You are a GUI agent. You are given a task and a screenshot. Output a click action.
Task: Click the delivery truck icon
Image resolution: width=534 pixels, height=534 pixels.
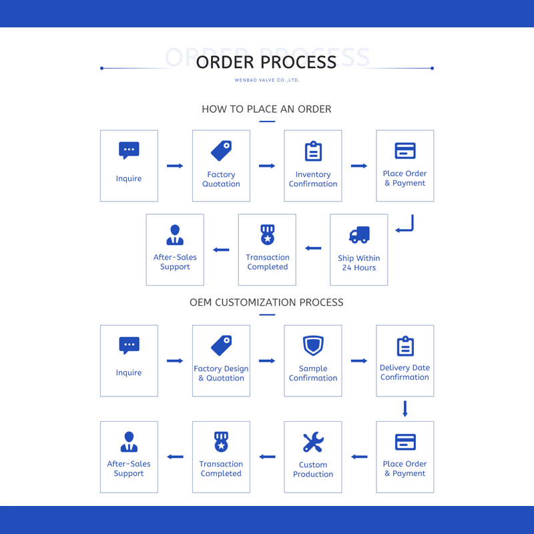(359, 235)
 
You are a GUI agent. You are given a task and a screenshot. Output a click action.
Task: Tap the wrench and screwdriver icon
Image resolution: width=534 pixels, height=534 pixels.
(313, 442)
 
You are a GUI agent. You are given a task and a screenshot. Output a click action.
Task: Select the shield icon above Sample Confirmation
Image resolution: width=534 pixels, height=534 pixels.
(313, 345)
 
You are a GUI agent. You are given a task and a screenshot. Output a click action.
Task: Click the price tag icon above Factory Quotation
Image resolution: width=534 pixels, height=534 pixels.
(221, 151)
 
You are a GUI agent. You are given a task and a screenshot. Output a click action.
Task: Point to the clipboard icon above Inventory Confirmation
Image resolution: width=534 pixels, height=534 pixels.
(313, 151)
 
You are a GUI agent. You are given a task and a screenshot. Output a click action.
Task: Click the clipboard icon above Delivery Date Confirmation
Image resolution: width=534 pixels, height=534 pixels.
(405, 346)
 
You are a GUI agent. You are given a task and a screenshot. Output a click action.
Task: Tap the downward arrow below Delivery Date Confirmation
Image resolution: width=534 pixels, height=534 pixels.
(405, 409)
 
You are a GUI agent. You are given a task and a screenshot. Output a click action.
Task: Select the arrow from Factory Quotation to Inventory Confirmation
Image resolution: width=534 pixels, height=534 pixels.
(267, 166)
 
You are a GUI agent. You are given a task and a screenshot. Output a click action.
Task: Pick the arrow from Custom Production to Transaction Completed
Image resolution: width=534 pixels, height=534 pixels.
(267, 457)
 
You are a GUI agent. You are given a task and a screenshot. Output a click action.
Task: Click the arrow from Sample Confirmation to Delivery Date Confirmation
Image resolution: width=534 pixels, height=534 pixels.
(359, 360)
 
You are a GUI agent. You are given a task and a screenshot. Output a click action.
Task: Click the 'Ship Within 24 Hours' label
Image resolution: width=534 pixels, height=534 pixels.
(359, 263)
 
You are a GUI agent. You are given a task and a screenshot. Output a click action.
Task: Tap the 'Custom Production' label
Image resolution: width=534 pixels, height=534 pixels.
(313, 469)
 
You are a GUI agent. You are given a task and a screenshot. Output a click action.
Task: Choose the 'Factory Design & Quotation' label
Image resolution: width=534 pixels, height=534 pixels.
(221, 373)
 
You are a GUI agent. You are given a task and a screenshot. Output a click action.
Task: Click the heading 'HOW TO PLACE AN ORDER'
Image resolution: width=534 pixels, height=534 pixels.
(266, 109)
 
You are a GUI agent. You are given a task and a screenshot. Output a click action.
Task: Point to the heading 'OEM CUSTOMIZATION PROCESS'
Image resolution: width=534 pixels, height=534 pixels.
(266, 302)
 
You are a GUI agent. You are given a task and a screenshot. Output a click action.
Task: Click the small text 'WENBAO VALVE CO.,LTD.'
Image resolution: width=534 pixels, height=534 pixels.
(266, 80)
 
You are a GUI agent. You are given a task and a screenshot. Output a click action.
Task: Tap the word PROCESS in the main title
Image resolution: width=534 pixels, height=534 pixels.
(298, 62)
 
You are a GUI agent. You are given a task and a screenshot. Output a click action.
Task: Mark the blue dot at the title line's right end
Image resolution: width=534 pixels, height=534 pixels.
(432, 68)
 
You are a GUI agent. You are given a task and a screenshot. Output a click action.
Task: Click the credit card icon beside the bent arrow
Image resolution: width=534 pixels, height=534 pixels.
(405, 151)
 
